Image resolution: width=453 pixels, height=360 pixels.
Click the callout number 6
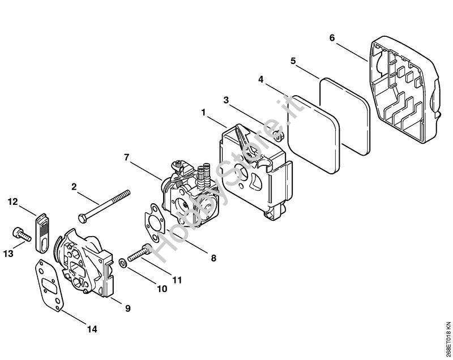click(332, 38)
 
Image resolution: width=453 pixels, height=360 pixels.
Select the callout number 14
click(92, 329)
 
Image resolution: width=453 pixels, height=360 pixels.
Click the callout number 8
click(213, 258)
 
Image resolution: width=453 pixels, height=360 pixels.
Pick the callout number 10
click(162, 289)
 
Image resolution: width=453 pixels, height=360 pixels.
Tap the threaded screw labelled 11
click(138, 253)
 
